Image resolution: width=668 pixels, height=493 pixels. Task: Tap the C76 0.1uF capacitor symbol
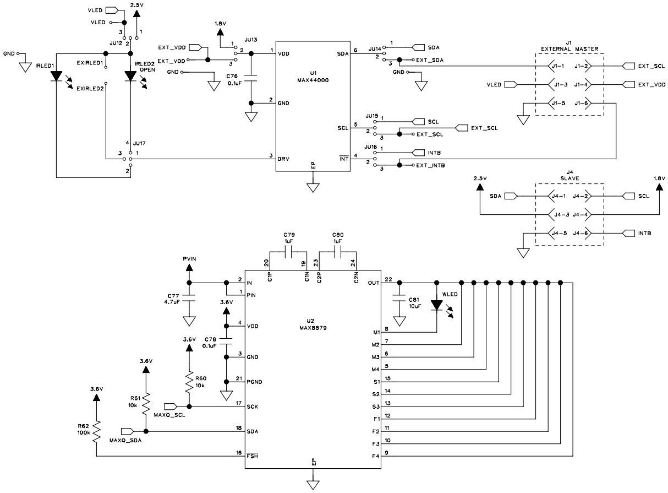(251, 80)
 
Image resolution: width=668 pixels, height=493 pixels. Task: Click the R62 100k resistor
(97, 432)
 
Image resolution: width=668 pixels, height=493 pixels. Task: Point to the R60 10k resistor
(189, 381)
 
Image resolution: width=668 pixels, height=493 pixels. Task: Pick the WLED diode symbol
(436, 305)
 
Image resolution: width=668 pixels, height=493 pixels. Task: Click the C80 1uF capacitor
(337, 252)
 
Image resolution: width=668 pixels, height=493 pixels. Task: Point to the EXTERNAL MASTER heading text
(569, 49)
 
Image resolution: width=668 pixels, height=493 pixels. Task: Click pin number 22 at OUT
(388, 279)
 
